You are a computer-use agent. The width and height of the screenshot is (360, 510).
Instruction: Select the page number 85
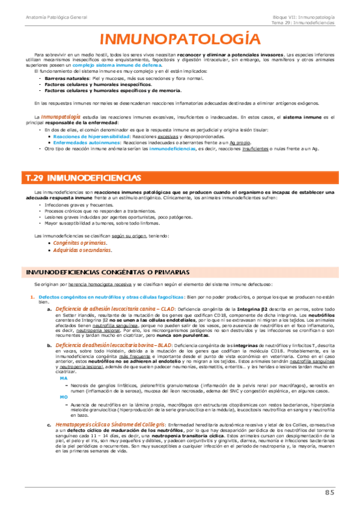pyautogui.click(x=329, y=494)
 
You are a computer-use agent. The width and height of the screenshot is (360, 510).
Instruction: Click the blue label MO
pyautogui.click(x=64, y=398)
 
